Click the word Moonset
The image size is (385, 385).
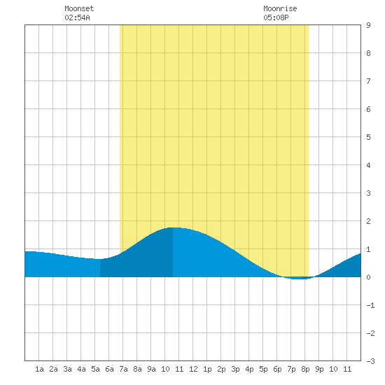(x=79, y=8)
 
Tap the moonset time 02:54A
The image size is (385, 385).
(x=77, y=17)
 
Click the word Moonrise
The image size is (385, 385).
(x=280, y=8)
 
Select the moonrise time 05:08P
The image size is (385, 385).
(x=276, y=17)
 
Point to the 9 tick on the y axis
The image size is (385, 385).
(x=368, y=25)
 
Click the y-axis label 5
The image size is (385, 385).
(x=368, y=137)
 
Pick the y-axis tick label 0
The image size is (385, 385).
(x=368, y=277)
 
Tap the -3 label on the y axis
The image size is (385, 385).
(x=370, y=361)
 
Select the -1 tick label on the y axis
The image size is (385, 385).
(x=370, y=305)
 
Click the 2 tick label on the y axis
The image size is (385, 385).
(x=368, y=221)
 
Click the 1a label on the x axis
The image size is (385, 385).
(x=39, y=369)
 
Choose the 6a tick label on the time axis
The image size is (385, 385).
(x=109, y=369)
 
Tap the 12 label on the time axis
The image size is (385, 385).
(x=193, y=369)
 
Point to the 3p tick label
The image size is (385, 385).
(x=235, y=370)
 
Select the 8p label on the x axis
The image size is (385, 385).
(x=305, y=370)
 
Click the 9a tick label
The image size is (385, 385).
(x=151, y=369)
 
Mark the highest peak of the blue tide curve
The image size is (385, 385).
(x=173, y=227)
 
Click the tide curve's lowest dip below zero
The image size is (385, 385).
(x=298, y=279)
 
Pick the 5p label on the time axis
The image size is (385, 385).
(x=263, y=370)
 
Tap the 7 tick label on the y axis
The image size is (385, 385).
(x=368, y=81)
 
